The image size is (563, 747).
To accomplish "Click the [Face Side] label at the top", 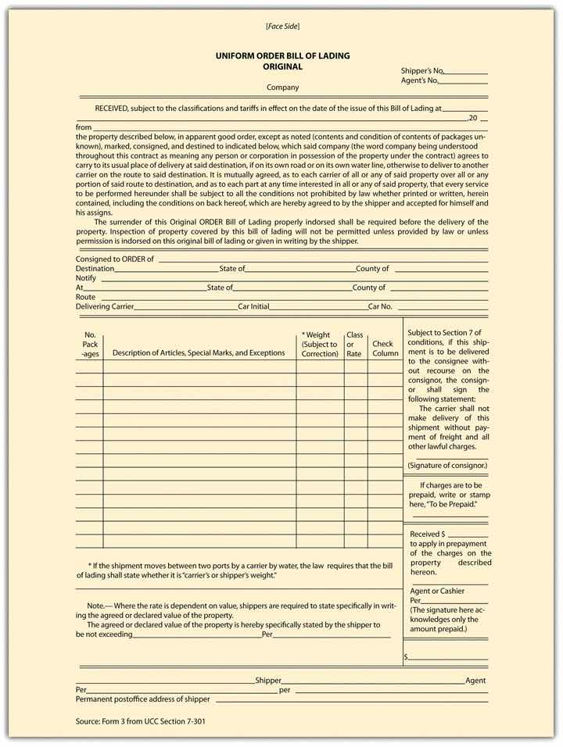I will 282,27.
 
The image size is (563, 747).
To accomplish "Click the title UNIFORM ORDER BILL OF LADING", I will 282,56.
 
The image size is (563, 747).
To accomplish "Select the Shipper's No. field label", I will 423,70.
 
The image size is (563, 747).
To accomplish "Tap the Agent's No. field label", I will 420,80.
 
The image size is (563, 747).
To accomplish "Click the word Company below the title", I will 282,88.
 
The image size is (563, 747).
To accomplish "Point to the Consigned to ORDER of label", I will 115,259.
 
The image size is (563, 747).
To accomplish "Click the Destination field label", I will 95,269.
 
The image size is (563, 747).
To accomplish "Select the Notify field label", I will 86,278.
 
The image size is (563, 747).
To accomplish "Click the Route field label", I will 85,298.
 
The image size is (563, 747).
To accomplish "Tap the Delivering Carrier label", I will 105,307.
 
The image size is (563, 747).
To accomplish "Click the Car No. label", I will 380,307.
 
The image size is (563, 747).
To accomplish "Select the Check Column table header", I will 384,348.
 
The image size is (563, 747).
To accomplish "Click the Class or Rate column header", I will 355,344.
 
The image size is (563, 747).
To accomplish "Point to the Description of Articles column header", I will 199,353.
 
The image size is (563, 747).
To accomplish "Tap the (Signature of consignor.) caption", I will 446,466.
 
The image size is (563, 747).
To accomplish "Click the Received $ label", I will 427,534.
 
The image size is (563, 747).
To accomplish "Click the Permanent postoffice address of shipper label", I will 143,699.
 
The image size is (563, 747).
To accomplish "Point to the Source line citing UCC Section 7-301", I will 142,721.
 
